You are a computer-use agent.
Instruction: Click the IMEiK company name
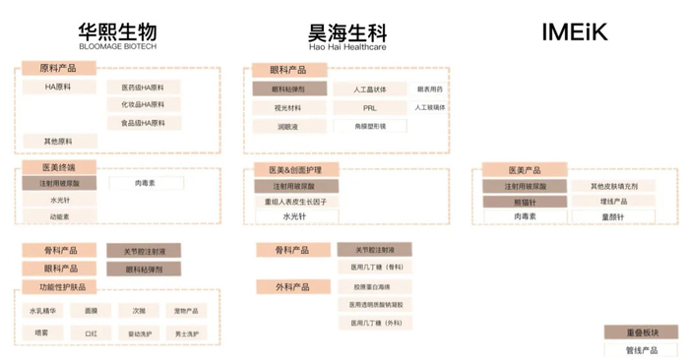click(x=575, y=33)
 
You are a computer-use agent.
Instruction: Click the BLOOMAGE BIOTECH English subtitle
click(x=117, y=46)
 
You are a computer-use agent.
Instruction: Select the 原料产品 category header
click(x=58, y=69)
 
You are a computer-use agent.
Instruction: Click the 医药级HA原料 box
click(x=143, y=88)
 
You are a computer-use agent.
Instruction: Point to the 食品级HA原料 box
click(x=143, y=123)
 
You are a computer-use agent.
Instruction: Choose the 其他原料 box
click(x=58, y=142)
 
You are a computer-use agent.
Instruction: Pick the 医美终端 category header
click(x=58, y=169)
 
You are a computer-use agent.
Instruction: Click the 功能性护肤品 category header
click(x=62, y=287)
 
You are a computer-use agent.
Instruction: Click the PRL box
click(x=370, y=107)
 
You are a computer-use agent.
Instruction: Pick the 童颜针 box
click(x=612, y=216)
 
